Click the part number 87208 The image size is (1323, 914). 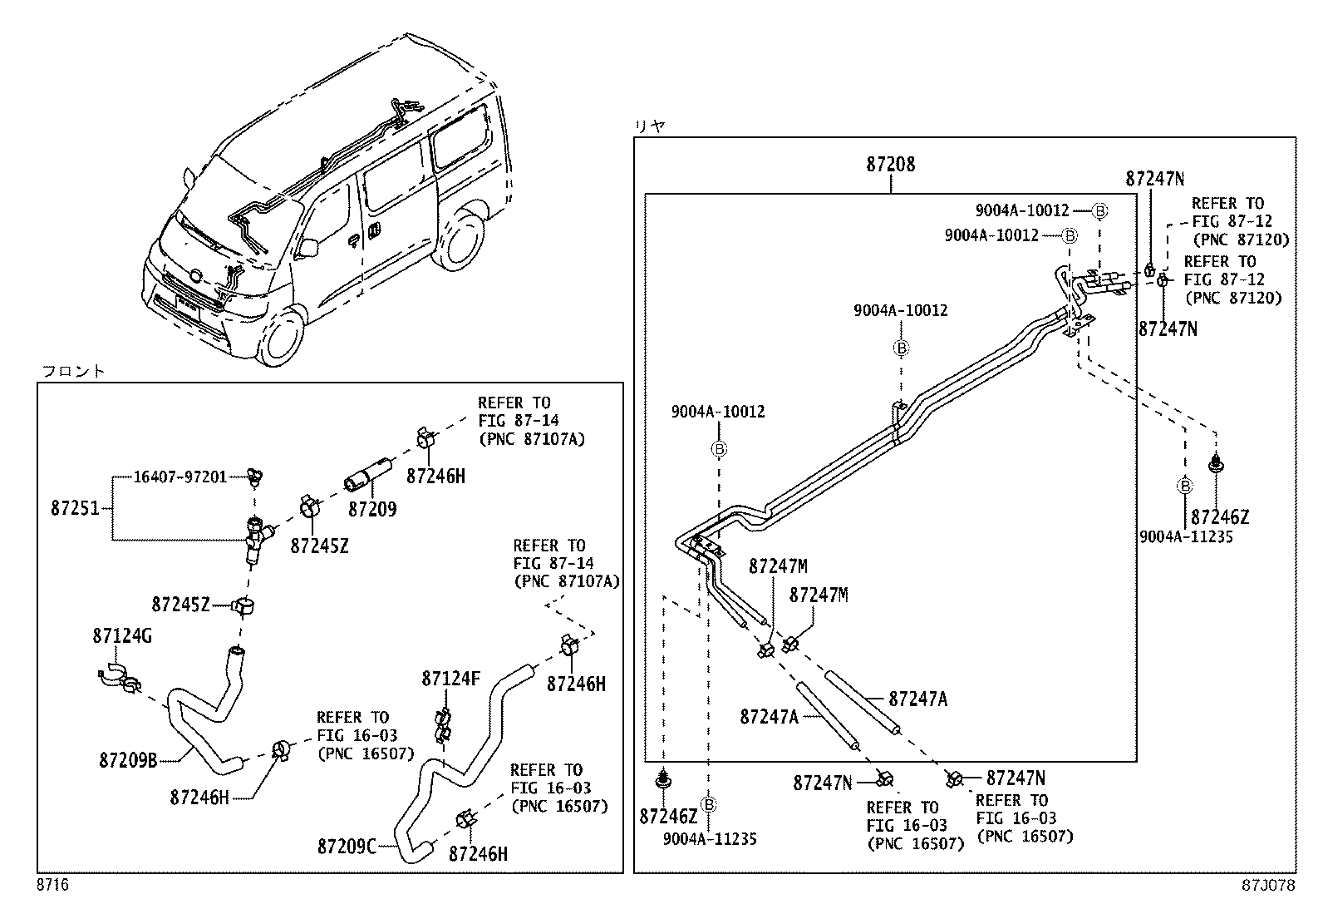tap(890, 164)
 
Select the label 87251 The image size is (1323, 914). tap(75, 507)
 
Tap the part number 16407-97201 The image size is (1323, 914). tap(180, 477)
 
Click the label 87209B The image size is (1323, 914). tap(128, 759)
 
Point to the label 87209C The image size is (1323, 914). tap(347, 847)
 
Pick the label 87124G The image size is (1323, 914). tap(122, 636)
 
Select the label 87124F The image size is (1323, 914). tap(450, 679)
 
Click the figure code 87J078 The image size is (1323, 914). tap(1268, 886)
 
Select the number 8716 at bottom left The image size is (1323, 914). tap(52, 886)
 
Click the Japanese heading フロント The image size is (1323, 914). tap(73, 371)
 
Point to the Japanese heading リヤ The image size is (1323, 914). tap(650, 126)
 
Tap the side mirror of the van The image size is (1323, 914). tap(309, 247)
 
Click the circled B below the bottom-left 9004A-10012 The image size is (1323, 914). tap(719, 449)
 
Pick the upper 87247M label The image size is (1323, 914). tap(777, 566)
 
